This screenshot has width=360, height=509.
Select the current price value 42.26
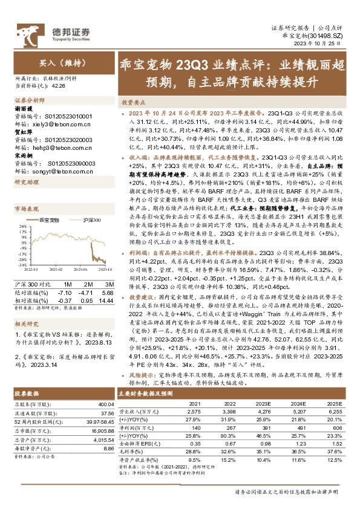click(x=59, y=85)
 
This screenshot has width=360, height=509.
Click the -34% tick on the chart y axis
click(x=22, y=264)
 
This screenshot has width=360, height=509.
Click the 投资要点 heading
click(x=135, y=102)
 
